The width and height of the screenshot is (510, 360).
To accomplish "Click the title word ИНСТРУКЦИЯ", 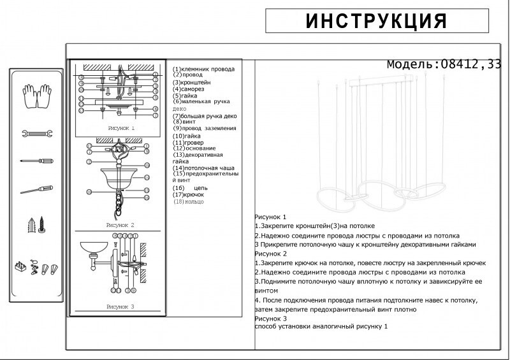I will click(376, 21).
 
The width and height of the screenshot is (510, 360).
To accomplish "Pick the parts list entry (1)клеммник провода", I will click(203, 69).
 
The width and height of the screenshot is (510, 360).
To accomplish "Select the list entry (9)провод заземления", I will click(205, 128).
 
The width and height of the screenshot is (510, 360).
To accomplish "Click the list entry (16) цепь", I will click(190, 189).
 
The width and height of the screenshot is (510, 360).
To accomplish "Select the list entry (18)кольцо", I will click(189, 201).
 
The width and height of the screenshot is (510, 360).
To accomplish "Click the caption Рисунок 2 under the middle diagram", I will click(120, 226).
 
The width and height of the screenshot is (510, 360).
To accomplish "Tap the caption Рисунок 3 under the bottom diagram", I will click(120, 307).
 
